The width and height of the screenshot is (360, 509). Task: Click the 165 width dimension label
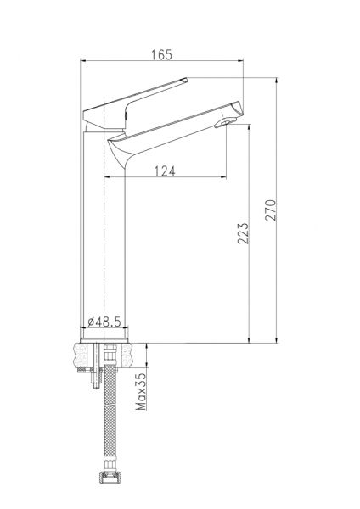[x=161, y=54]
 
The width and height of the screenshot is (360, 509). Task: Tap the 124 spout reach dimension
[x=165, y=171]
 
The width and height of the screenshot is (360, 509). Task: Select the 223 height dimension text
[x=243, y=233]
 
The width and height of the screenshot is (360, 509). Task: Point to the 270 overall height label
[x=270, y=210]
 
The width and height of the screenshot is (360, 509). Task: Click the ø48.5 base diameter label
[x=104, y=322]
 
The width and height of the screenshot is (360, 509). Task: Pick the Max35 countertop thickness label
[x=141, y=391]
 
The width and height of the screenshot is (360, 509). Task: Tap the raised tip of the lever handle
[x=184, y=80]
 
